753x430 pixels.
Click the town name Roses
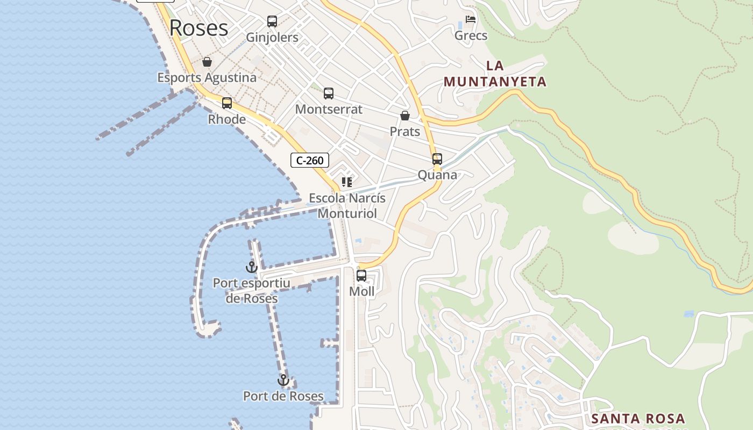(198, 28)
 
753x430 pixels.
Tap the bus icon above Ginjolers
(272, 21)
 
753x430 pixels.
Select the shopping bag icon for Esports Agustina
(207, 62)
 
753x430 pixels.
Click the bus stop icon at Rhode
(227, 103)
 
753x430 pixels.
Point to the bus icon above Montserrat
(329, 94)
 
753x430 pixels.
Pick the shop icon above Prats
(405, 116)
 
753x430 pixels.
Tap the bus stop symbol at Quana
(437, 159)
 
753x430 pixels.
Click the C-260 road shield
(310, 160)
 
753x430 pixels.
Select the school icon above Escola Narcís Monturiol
(347, 182)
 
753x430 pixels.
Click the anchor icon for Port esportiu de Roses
(252, 267)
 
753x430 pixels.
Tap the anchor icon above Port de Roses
(283, 381)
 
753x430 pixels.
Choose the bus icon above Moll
(361, 276)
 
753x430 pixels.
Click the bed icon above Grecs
(471, 19)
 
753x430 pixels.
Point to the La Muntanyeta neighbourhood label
(495, 74)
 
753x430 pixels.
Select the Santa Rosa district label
(638, 419)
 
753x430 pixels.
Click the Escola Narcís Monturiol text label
(347, 206)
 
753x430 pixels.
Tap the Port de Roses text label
(283, 397)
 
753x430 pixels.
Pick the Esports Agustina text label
(207, 77)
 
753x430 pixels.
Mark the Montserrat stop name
(329, 109)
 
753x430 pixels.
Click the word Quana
(437, 175)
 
